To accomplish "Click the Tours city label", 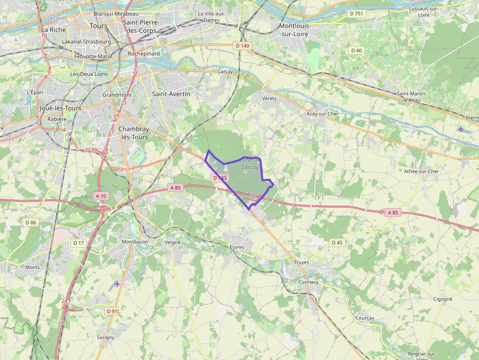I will (x=98, y=25).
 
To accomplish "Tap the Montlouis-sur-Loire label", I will (x=295, y=29).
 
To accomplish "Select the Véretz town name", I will (x=269, y=98).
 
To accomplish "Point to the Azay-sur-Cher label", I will (x=322, y=114).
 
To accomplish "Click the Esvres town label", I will (x=237, y=247).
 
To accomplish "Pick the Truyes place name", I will (x=302, y=262).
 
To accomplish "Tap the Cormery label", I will (x=308, y=282).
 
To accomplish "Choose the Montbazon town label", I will (x=134, y=242).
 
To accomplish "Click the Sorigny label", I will (x=106, y=338).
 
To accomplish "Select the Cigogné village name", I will (x=443, y=299).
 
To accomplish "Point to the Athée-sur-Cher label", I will (x=421, y=171).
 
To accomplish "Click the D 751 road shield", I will (x=356, y=14).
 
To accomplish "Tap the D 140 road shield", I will (x=242, y=46).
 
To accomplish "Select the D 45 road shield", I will (x=337, y=242).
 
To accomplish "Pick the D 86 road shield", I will (x=31, y=223).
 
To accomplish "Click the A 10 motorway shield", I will (x=101, y=196).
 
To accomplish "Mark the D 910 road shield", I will (x=112, y=311).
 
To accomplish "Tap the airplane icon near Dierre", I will (x=461, y=129).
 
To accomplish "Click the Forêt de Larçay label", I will (x=251, y=164).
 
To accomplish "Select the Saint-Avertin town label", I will (x=171, y=94).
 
